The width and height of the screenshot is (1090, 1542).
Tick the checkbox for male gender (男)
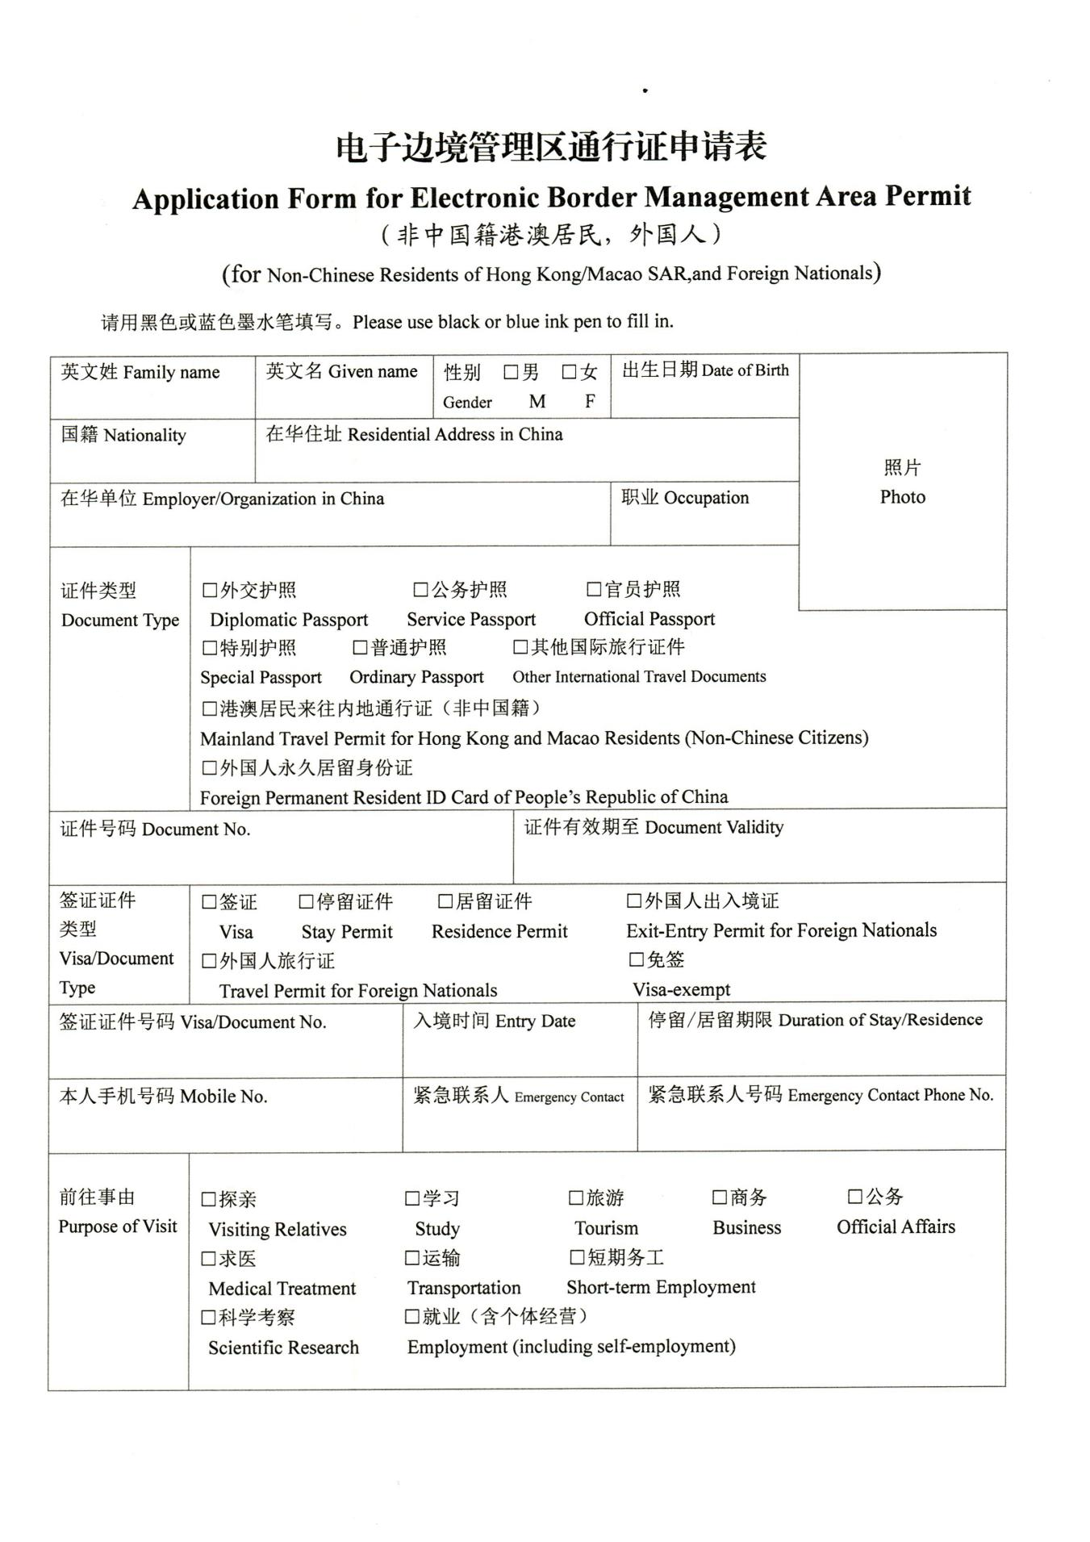click(511, 372)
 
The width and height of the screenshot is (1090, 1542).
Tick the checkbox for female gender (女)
click(570, 372)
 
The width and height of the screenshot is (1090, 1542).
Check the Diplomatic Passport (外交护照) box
click(210, 591)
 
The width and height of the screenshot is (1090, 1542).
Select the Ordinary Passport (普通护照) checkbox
click(360, 648)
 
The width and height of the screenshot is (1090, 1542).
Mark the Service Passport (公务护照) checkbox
click(420, 590)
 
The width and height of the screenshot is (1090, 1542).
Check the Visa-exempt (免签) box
click(637, 959)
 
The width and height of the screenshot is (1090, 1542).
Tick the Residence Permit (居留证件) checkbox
click(445, 901)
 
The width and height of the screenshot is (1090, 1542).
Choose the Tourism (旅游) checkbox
click(576, 1198)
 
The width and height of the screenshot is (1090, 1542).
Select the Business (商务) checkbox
click(720, 1197)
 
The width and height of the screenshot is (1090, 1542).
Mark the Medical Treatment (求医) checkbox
click(209, 1259)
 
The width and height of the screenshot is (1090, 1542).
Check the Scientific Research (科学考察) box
click(209, 1318)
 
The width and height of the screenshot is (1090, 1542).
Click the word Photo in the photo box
click(902, 497)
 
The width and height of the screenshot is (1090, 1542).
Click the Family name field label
click(140, 372)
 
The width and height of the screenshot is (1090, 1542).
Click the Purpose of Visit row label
click(118, 1226)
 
